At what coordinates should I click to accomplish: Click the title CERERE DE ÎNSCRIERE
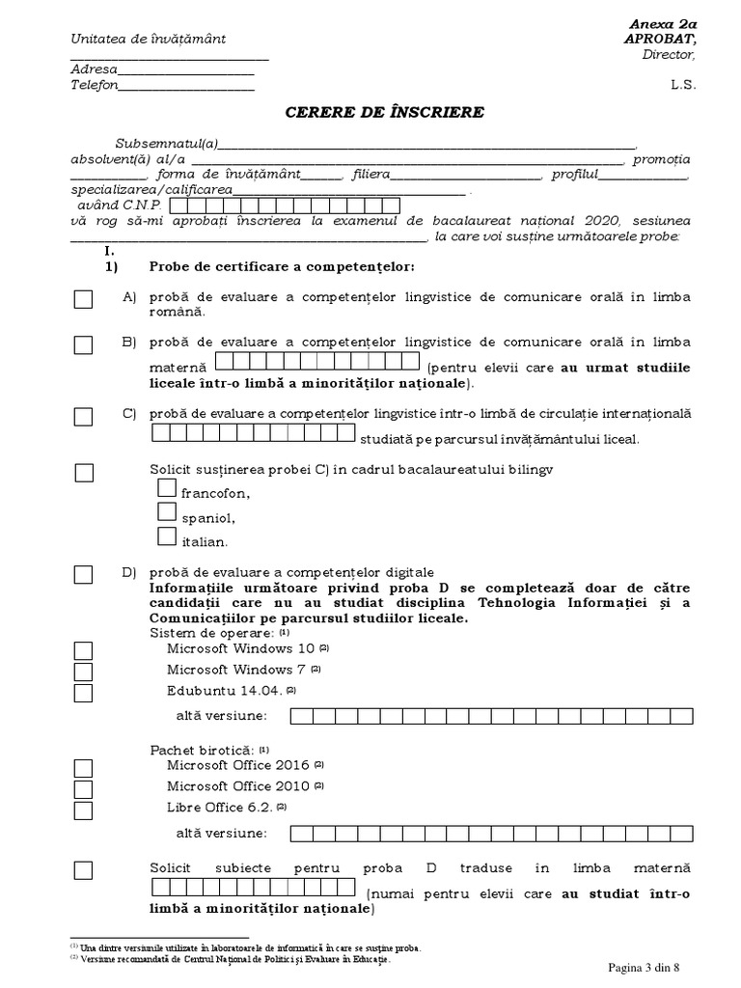tap(384, 113)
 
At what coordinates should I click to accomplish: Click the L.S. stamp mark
tap(682, 85)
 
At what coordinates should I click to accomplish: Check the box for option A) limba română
tap(84, 300)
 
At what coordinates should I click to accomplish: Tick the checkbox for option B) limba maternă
tap(84, 344)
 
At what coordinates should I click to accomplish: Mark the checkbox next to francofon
tap(167, 491)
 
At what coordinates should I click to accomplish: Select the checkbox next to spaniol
tap(167, 513)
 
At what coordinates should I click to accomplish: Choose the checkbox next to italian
tap(167, 536)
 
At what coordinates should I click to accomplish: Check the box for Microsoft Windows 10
tap(84, 651)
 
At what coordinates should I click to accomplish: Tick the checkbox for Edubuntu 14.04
tap(84, 693)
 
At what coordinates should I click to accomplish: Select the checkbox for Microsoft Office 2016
tap(84, 768)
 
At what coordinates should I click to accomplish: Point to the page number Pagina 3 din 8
tap(650, 967)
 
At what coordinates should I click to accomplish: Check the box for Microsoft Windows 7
tap(84, 672)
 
